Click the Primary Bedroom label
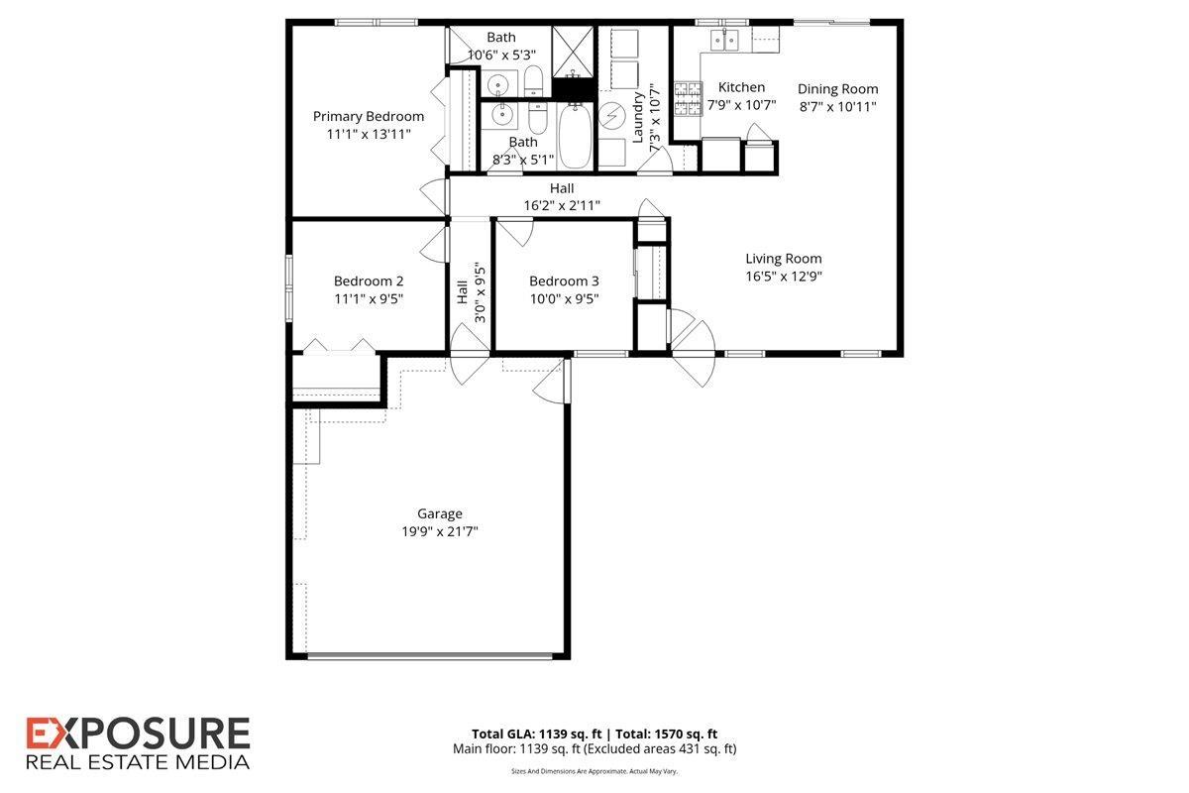click(x=369, y=116)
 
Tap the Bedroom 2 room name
click(x=369, y=281)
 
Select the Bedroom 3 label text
click(x=564, y=281)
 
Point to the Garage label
click(x=439, y=513)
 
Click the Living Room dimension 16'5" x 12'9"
click(x=784, y=277)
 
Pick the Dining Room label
click(x=837, y=89)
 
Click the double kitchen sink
click(x=726, y=40)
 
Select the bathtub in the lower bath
click(x=575, y=139)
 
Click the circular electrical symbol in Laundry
click(x=612, y=115)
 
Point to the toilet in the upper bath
click(x=533, y=81)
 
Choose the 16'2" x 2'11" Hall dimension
click(x=562, y=205)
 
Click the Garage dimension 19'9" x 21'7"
click(x=439, y=531)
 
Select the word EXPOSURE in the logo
click(x=138, y=735)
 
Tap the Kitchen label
click(x=741, y=87)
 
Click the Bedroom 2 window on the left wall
click(x=289, y=287)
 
